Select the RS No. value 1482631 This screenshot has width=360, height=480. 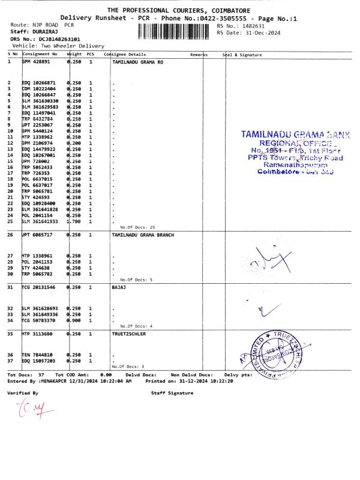click(x=253, y=26)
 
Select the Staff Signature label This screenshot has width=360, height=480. click(x=172, y=393)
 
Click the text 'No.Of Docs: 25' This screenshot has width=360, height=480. click(x=137, y=227)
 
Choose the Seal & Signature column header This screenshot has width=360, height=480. click(x=242, y=55)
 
